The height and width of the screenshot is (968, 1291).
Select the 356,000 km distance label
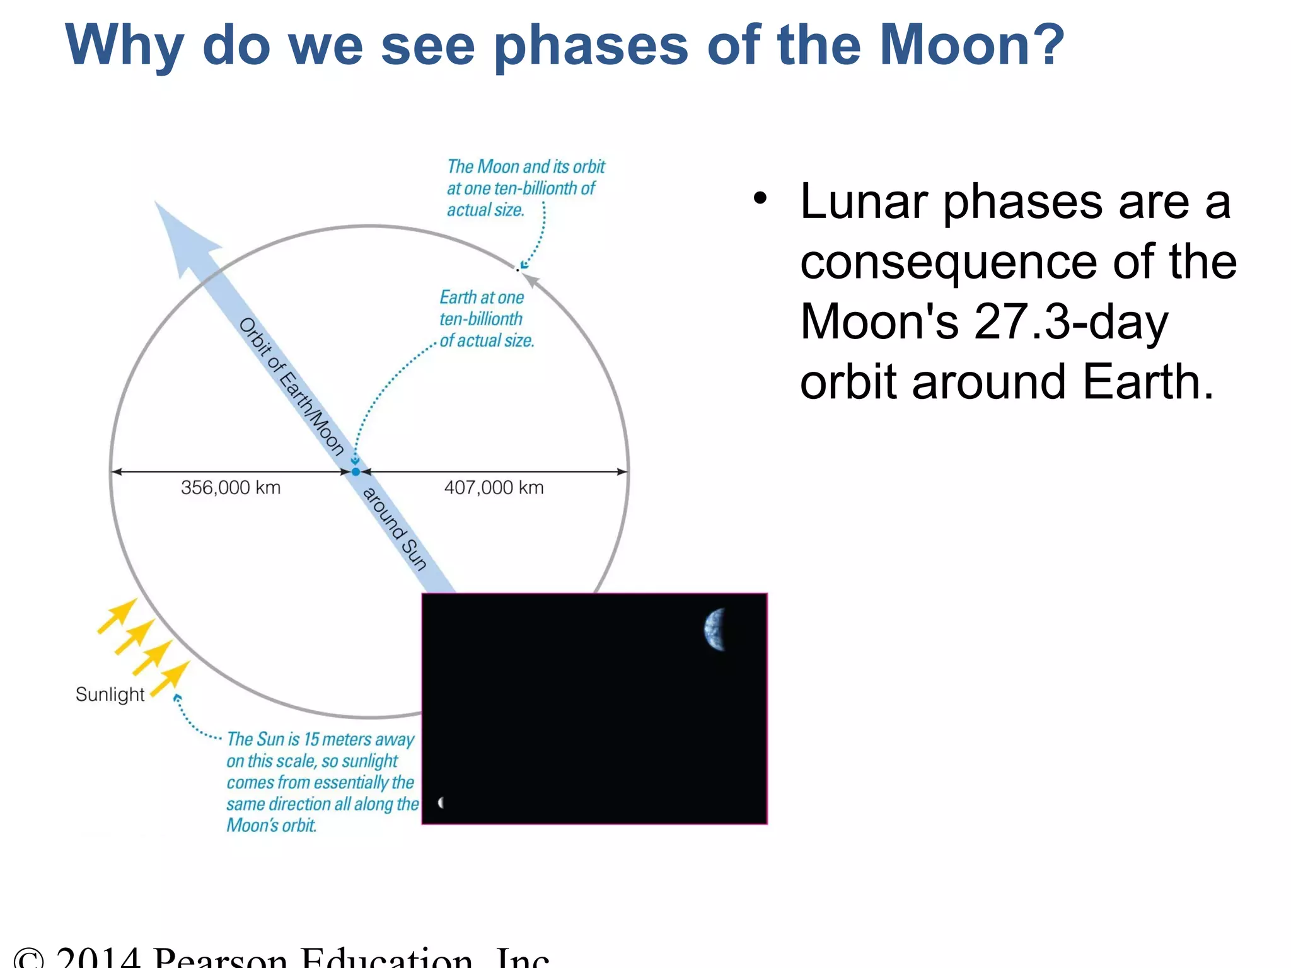tap(231, 488)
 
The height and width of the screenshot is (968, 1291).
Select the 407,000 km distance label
tap(494, 488)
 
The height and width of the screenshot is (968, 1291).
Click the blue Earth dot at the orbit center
tap(356, 471)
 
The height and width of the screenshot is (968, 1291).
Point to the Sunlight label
tap(110, 694)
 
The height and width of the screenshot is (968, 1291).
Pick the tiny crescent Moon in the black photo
tap(441, 802)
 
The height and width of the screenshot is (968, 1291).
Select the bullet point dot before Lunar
tap(760, 199)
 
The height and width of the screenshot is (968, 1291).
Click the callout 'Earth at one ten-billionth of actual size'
tap(485, 319)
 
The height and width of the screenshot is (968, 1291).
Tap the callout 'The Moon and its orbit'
tap(524, 188)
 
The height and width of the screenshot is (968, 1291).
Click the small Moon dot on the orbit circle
tap(518, 269)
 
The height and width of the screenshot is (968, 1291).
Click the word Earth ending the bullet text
tap(1147, 383)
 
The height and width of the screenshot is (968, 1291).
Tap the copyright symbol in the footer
tap(29, 959)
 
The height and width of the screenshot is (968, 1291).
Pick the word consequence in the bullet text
tap(949, 262)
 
